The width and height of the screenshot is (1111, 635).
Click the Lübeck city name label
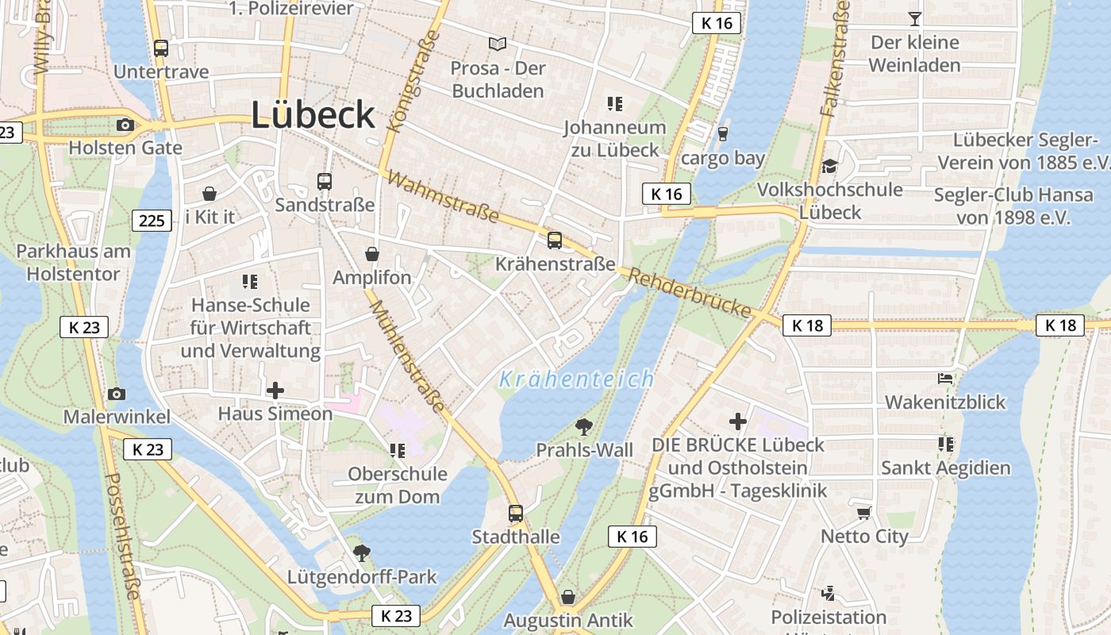(x=313, y=116)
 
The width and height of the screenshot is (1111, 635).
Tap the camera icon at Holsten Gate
(x=125, y=125)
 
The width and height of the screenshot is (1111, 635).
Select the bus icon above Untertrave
(x=161, y=48)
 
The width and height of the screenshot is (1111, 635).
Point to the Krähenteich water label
(x=577, y=379)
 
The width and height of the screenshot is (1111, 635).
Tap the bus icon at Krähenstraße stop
(x=555, y=241)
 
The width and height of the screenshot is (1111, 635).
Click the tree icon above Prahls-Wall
(x=584, y=427)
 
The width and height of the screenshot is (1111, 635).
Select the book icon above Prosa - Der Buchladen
(x=498, y=44)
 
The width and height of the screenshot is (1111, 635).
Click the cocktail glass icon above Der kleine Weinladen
(x=915, y=18)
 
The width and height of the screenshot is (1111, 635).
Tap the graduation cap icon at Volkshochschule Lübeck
(x=829, y=167)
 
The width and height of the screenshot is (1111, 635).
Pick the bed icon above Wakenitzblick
(x=945, y=379)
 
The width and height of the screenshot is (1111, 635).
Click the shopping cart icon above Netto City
(x=863, y=513)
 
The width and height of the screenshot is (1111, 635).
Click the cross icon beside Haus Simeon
(x=275, y=391)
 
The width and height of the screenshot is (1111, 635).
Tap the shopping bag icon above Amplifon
(x=371, y=254)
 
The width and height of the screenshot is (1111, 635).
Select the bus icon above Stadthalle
(x=516, y=514)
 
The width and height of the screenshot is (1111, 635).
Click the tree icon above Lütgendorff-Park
(x=362, y=552)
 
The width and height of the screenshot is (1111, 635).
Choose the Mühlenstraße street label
(x=406, y=356)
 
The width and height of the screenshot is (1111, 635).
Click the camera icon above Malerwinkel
(x=117, y=394)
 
